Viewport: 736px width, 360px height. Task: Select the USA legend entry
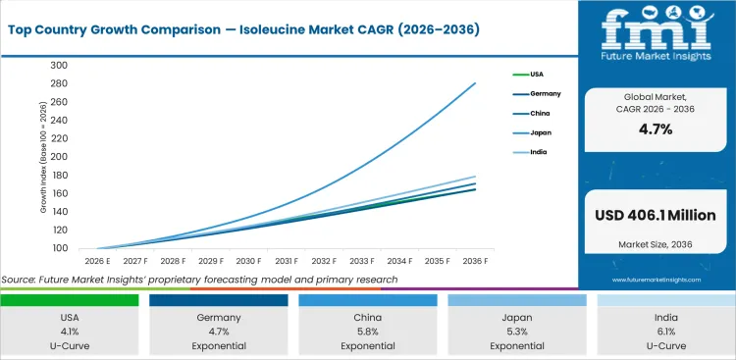pos(537,74)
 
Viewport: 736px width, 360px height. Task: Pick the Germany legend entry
pos(545,93)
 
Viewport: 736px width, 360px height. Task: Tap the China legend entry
pos(540,113)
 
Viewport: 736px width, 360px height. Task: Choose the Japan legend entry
pos(540,132)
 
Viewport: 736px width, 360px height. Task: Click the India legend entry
pos(538,152)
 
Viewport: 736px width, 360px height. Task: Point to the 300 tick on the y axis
pos(58,66)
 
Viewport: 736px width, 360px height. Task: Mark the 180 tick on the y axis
pos(58,176)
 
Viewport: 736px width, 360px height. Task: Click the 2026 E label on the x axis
pos(96,262)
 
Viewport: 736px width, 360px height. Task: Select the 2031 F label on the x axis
pos(287,262)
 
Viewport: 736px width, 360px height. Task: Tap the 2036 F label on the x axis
pos(476,262)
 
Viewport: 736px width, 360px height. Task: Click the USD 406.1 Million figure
pos(655,216)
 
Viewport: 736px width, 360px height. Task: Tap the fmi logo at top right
pos(655,34)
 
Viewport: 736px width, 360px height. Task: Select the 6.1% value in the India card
pos(666,331)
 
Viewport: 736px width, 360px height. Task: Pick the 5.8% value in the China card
pos(367,331)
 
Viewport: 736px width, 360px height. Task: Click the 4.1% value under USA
pos(69,331)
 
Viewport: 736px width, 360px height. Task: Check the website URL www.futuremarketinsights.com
pos(655,280)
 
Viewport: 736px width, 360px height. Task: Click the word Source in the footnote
pos(21,280)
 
